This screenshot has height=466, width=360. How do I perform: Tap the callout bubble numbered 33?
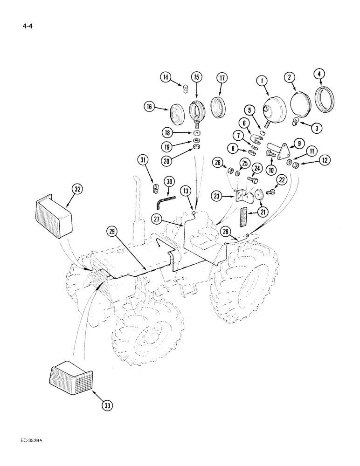pyautogui.click(x=107, y=406)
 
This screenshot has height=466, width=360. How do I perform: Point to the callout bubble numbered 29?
pyautogui.click(x=111, y=231)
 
